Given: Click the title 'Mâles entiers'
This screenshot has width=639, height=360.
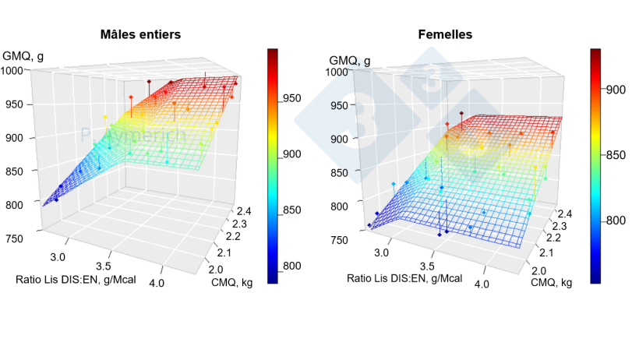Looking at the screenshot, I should [141, 34].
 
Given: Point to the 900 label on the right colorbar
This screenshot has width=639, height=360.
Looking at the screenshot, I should [616, 90].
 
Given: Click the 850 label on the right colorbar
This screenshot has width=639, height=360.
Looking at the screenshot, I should [616, 155].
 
